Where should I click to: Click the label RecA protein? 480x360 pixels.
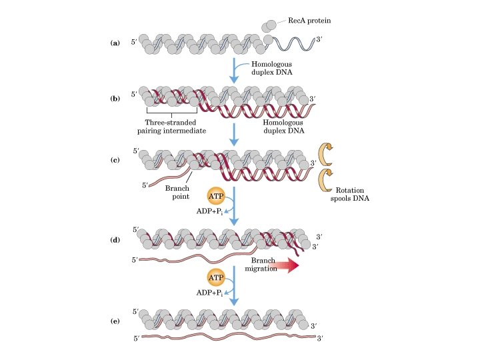[x=309, y=21]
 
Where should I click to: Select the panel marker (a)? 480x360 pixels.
[x=115, y=43]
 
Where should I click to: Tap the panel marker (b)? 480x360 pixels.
[x=115, y=99]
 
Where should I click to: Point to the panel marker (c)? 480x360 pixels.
[x=115, y=161]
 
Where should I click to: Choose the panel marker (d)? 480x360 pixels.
[x=115, y=238]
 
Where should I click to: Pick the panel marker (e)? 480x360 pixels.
[x=115, y=321]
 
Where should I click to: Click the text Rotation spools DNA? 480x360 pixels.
[x=355, y=195]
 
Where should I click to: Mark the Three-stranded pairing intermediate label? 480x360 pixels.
[x=175, y=126]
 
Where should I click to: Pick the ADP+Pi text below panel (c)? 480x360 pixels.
[x=208, y=211]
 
